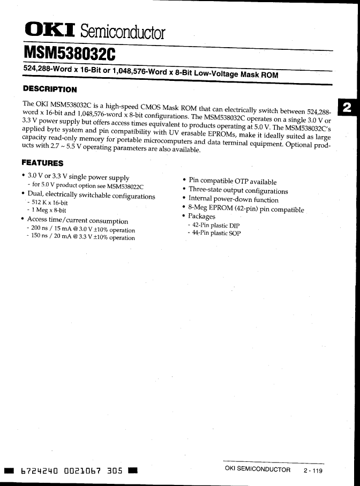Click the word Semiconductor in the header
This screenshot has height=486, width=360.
click(125, 33)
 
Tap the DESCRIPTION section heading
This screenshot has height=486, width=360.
click(49, 89)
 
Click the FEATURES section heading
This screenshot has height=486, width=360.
click(42, 163)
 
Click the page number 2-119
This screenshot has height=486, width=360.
click(313, 470)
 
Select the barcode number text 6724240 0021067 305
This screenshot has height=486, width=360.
click(71, 471)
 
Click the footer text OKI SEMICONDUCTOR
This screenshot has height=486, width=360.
click(257, 470)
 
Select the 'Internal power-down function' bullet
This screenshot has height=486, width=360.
click(233, 200)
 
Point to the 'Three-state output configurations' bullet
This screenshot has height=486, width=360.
click(238, 191)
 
